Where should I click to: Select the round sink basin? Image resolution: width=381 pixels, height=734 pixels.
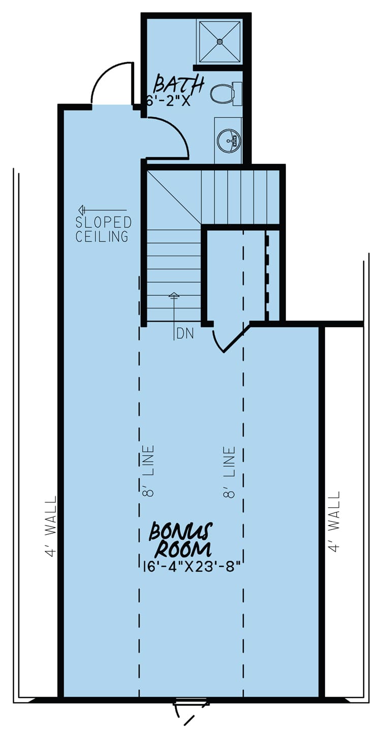pyautogui.click(x=229, y=141)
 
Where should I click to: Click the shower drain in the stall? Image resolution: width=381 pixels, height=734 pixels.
pyautogui.click(x=219, y=42)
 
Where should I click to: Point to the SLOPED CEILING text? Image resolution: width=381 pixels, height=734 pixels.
pyautogui.click(x=103, y=229)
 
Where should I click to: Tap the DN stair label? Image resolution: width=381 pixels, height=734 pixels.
pyautogui.click(x=185, y=334)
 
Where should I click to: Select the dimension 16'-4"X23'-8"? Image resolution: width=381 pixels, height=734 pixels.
pyautogui.click(x=192, y=566)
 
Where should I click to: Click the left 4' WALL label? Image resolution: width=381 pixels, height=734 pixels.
pyautogui.click(x=51, y=526)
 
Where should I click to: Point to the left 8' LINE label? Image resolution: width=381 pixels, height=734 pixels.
pyautogui.click(x=148, y=471)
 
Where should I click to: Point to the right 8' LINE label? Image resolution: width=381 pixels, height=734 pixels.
pyautogui.click(x=230, y=472)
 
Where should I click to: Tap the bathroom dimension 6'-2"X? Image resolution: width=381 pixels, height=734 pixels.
pyautogui.click(x=168, y=101)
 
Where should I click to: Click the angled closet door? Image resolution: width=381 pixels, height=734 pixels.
pyautogui.click(x=236, y=339)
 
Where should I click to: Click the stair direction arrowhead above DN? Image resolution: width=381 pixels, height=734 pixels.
pyautogui.click(x=174, y=295)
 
